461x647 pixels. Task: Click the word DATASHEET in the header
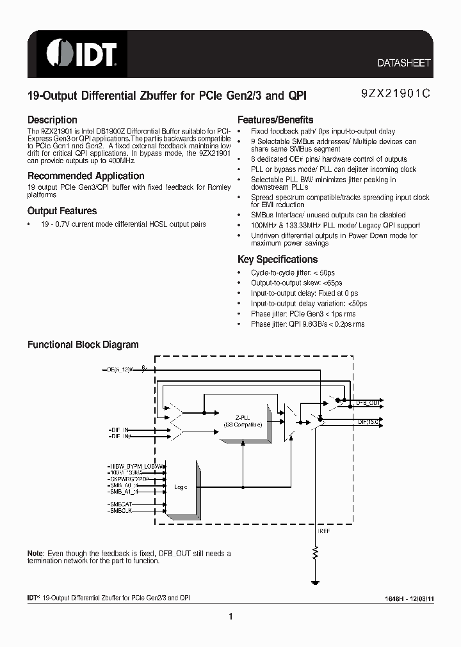403,63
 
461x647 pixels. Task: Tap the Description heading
52,120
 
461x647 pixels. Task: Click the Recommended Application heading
86,176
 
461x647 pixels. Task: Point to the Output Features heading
62,211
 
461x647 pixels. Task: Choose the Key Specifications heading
277,260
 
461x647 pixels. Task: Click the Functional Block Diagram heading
83,345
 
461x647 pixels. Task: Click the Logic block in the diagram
181,487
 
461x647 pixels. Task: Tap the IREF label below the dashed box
323,531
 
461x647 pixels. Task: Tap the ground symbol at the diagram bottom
315,582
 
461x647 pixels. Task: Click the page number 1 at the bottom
230,616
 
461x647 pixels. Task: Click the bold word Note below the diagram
35,553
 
